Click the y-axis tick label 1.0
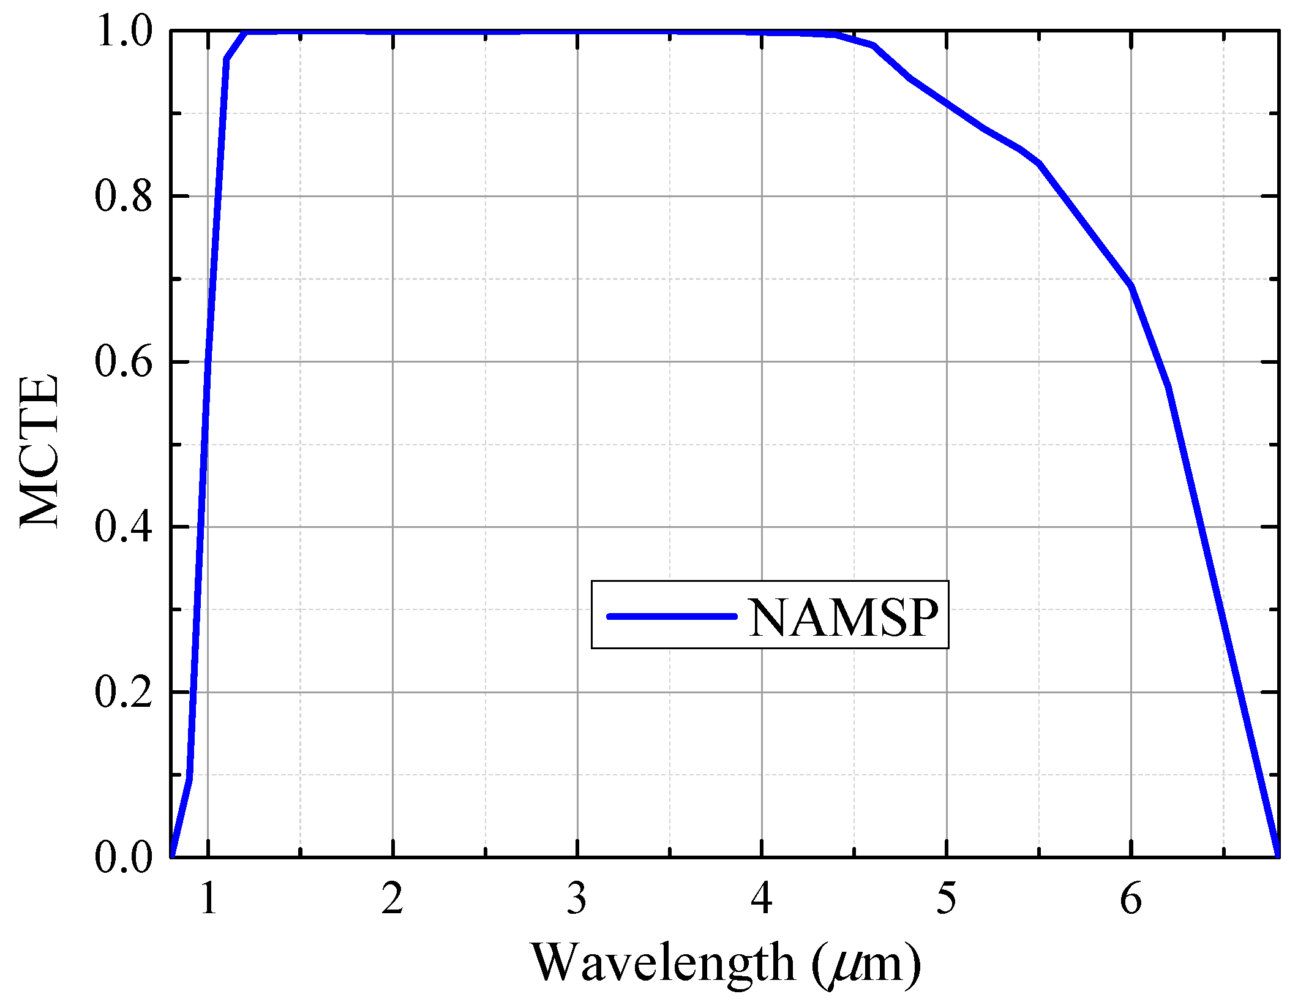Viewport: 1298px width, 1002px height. pos(123,32)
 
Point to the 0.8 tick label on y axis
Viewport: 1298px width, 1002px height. pos(123,197)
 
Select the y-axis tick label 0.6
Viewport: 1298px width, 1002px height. pos(123,362)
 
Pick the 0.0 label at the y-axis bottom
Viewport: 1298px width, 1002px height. pos(123,857)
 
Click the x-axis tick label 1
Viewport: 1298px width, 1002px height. pos(209,899)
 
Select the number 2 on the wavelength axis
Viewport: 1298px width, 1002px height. pos(392,899)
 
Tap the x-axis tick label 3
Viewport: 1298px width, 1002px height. pos(577,899)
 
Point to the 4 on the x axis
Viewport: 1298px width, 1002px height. pos(762,899)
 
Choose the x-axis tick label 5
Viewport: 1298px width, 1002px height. pos(947,899)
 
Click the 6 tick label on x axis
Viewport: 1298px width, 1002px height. pos(1131,899)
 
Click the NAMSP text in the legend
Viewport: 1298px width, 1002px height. pos(843,618)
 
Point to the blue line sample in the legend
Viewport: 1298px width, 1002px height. pos(672,616)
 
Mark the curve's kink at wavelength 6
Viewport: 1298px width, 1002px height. pos(1131,286)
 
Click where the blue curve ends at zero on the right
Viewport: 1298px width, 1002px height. pos(1277,856)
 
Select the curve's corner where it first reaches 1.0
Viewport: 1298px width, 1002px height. pos(246,32)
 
